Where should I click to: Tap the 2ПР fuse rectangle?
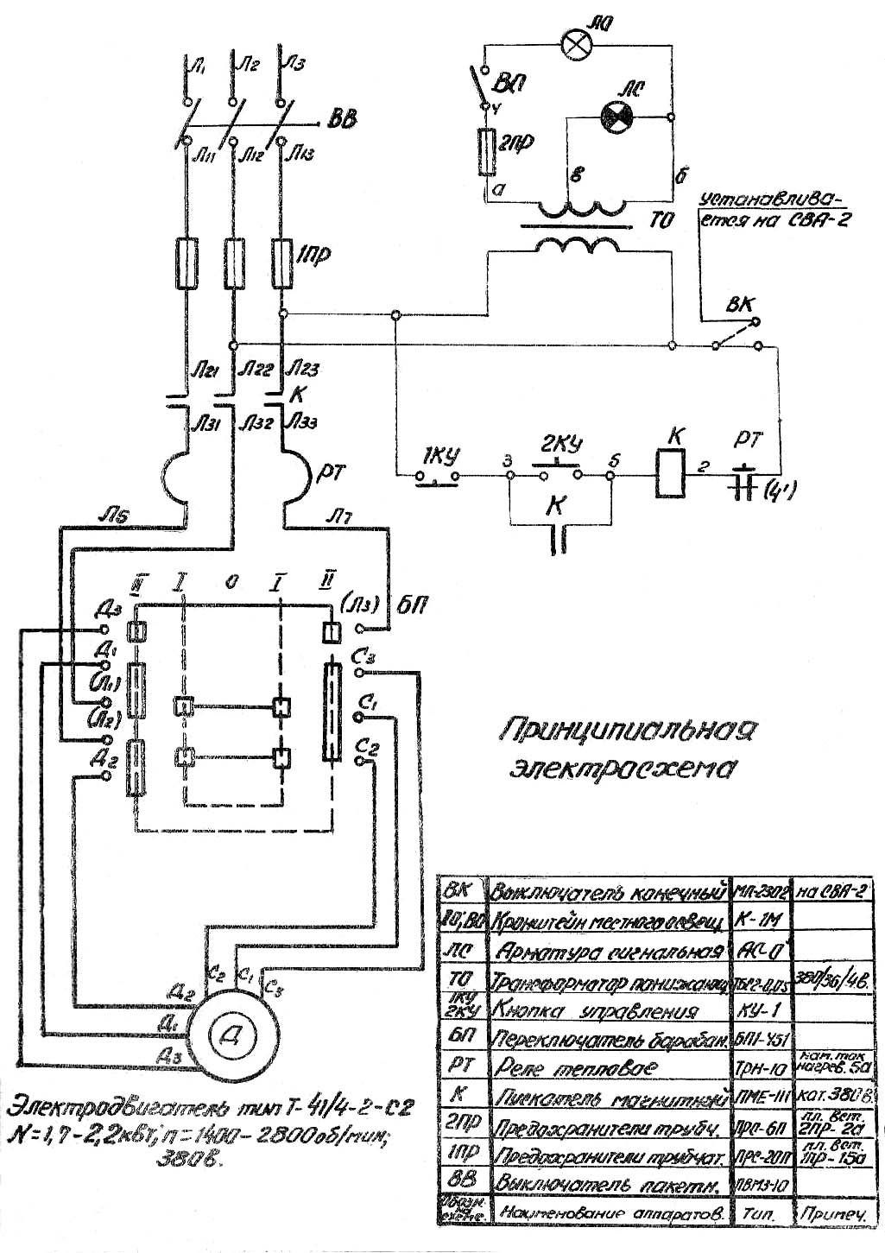click(x=486, y=152)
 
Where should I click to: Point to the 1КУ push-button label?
click(x=441, y=455)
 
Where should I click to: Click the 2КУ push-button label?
click(x=560, y=446)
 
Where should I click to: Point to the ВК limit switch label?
click(x=739, y=305)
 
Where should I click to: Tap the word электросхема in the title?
click(x=623, y=767)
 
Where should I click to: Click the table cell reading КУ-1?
click(x=757, y=1009)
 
